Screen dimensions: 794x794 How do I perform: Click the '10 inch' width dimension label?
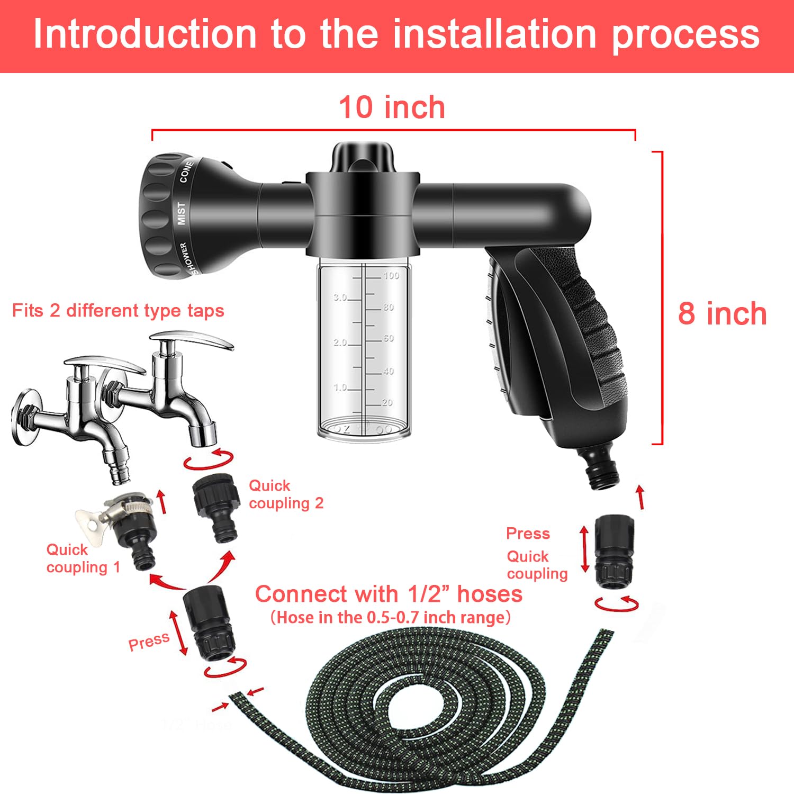[x=392, y=107]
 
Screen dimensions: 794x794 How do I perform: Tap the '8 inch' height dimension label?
[x=722, y=313]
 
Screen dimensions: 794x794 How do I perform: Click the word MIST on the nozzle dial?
[x=182, y=213]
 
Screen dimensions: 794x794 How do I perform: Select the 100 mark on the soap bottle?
[x=391, y=275]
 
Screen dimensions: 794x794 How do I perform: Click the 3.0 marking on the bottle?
[x=340, y=297]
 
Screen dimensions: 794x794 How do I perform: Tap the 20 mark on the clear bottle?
[x=387, y=403]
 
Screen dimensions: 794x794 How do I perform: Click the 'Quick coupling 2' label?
[x=285, y=494]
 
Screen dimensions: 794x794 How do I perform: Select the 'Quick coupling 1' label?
[x=83, y=558]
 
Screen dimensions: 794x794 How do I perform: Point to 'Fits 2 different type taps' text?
[x=118, y=311]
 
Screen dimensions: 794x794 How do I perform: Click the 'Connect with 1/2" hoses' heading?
[x=389, y=594]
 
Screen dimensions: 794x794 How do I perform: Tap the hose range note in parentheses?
[x=390, y=618]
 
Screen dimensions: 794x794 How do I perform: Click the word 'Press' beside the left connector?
[x=149, y=642]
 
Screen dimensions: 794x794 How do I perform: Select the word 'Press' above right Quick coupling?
[x=528, y=534]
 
